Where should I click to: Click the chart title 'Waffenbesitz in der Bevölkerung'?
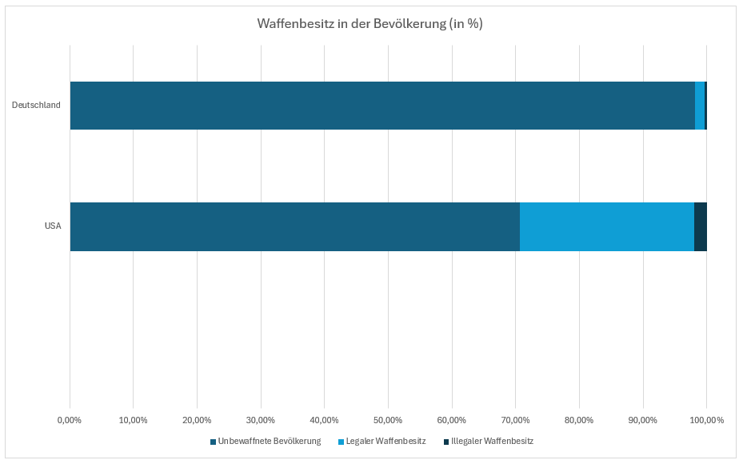tap(370, 24)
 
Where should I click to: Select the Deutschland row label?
tap(36, 106)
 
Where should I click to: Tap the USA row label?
tap(53, 226)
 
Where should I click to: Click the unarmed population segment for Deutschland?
tap(382, 106)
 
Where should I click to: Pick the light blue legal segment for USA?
tap(607, 226)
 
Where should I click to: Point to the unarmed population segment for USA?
tap(294, 226)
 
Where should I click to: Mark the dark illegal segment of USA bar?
tap(701, 226)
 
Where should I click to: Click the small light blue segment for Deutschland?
tap(700, 106)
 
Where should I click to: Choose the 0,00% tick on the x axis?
tap(70, 420)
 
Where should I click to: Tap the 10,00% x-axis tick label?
tap(133, 420)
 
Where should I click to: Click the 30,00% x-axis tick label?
tap(261, 420)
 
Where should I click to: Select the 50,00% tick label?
tap(388, 420)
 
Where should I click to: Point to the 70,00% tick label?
tap(515, 420)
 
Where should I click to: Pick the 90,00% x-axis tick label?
tap(643, 420)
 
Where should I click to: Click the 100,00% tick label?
tap(706, 420)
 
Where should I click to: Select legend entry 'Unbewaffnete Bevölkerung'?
tap(270, 442)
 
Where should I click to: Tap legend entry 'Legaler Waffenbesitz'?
tap(385, 442)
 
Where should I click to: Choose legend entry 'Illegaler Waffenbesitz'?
tap(492, 442)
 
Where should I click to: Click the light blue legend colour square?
tap(341, 442)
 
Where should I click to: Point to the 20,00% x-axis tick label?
tap(197, 420)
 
